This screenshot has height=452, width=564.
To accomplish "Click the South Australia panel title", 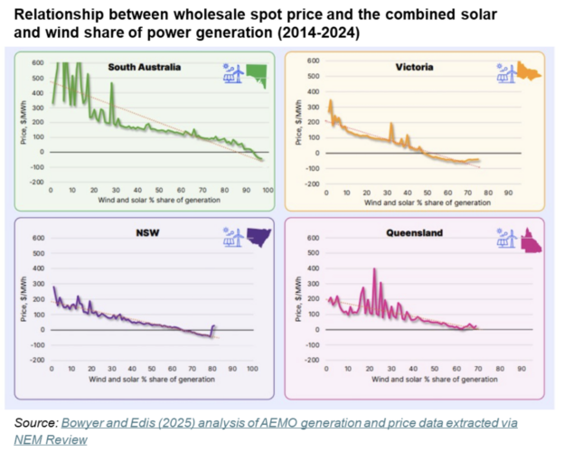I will point(145,67).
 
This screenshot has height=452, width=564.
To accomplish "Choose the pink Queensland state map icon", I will point(530,241).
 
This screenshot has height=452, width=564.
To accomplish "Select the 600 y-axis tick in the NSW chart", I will point(39,239).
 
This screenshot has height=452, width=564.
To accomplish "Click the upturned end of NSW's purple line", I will point(214,325).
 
